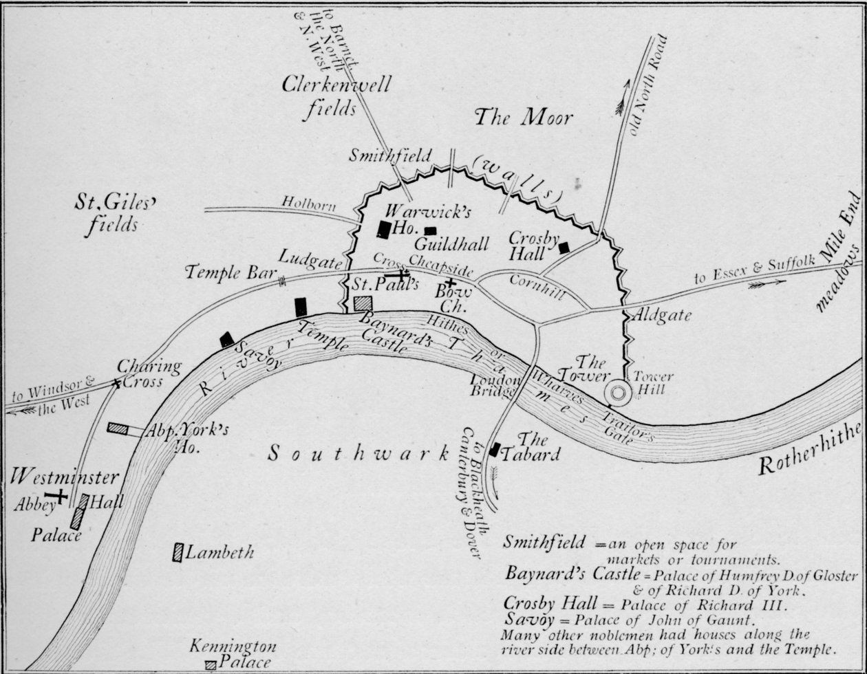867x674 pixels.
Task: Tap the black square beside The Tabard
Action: pyautogui.click(x=495, y=450)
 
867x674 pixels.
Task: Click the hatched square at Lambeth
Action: pyautogui.click(x=178, y=552)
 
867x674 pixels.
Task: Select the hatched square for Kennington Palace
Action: pyautogui.click(x=211, y=665)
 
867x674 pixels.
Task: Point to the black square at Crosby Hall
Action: pyautogui.click(x=564, y=248)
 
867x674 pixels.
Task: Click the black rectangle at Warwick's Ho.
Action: pyautogui.click(x=384, y=229)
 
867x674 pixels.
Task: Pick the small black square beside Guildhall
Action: pyautogui.click(x=430, y=231)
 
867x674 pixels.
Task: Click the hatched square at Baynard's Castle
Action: pyautogui.click(x=362, y=303)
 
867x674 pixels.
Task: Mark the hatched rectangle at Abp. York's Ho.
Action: pyautogui.click(x=118, y=428)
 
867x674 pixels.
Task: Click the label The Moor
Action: pyautogui.click(x=523, y=118)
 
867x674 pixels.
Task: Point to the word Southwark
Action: pyautogui.click(x=358, y=453)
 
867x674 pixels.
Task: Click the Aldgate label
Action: pyautogui.click(x=662, y=316)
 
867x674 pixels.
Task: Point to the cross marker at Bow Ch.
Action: pyautogui.click(x=449, y=282)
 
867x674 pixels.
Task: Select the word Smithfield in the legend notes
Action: pyautogui.click(x=544, y=542)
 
